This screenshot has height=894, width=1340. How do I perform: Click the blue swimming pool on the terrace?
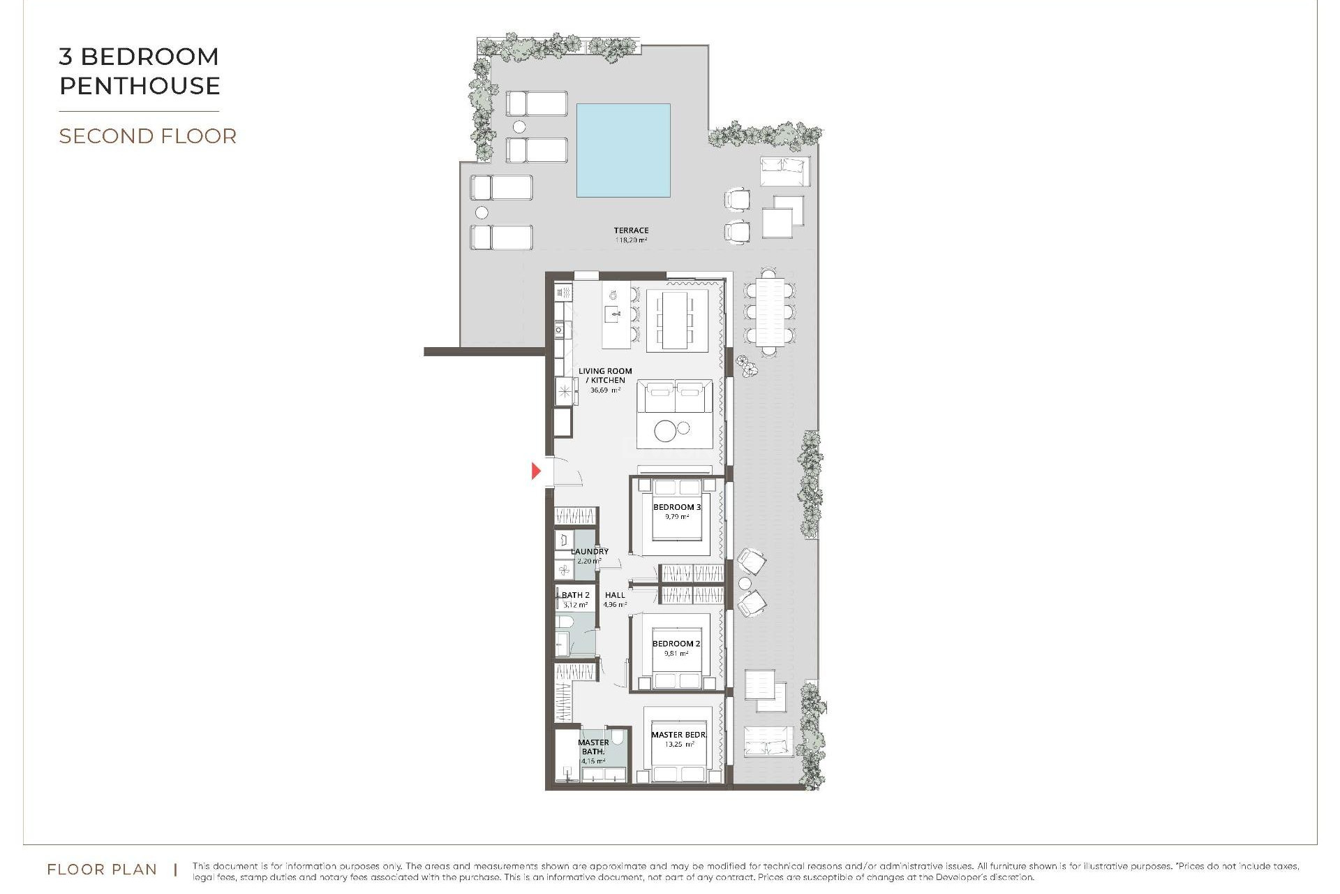623,150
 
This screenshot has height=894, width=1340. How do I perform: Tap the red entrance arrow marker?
536,471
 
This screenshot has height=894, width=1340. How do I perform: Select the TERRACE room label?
631,230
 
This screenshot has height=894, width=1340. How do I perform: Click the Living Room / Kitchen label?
605,376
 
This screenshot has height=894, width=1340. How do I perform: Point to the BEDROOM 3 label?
676,507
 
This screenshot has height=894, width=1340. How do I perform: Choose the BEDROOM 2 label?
676,643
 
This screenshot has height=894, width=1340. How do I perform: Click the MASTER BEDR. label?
678,735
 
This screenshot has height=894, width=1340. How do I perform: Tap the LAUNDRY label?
590,551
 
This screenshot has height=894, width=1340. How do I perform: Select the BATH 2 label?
576,595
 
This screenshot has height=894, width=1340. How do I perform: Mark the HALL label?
615,595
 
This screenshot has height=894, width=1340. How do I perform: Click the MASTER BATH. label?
593,747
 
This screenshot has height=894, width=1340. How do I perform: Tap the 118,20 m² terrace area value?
631,240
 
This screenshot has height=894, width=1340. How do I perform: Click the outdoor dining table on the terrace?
769,312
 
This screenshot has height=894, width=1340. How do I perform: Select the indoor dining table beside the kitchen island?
675,321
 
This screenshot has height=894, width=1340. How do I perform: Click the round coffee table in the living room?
666,431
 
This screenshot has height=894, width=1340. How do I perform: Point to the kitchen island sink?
613,314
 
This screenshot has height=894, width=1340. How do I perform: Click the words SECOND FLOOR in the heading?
147,136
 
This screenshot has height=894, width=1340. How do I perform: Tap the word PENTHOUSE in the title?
140,86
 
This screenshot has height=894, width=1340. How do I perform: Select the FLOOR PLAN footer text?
102,870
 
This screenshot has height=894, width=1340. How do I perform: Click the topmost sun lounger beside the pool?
536,103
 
